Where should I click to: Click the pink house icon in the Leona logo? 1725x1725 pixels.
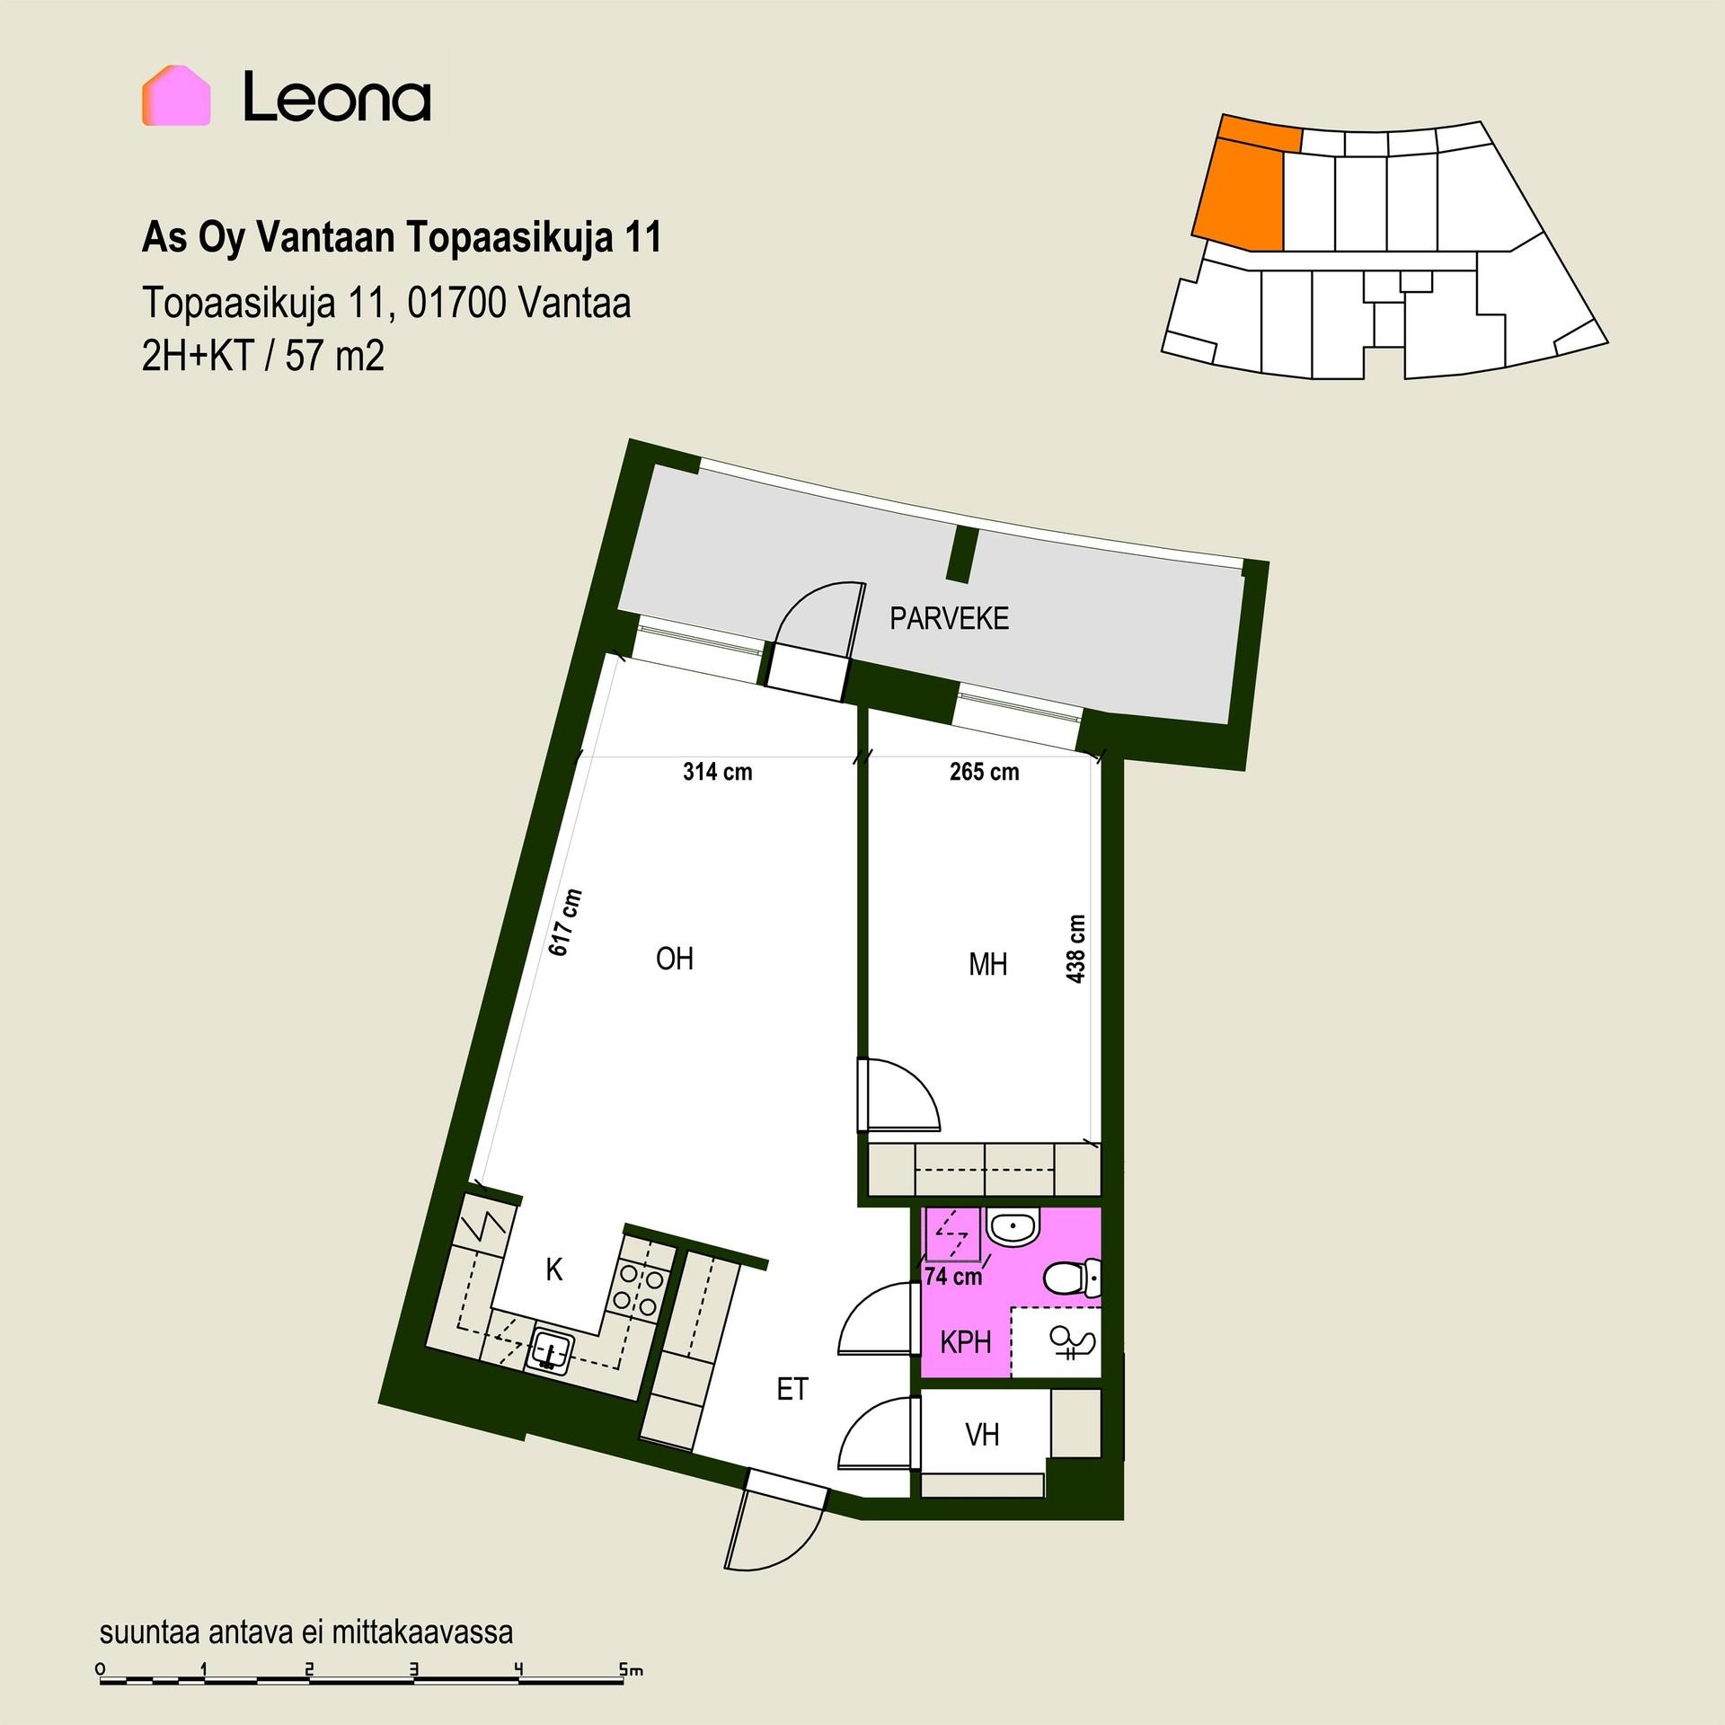[x=176, y=95]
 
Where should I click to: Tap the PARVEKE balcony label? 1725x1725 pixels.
[x=949, y=619]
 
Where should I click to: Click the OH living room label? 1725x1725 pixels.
[x=675, y=959]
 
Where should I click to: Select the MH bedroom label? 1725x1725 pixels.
[x=987, y=965]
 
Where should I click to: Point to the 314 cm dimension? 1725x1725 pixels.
[x=717, y=772]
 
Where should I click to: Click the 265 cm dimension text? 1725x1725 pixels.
[x=984, y=772]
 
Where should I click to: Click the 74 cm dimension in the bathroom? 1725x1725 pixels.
[x=953, y=1276]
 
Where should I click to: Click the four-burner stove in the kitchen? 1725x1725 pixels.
[x=638, y=1290]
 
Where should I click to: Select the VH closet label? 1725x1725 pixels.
[x=982, y=1435]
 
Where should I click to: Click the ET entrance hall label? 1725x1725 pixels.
[x=792, y=1390]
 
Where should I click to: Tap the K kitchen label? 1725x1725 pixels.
[x=554, y=1270]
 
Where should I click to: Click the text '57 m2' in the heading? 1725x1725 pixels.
[x=335, y=357]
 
